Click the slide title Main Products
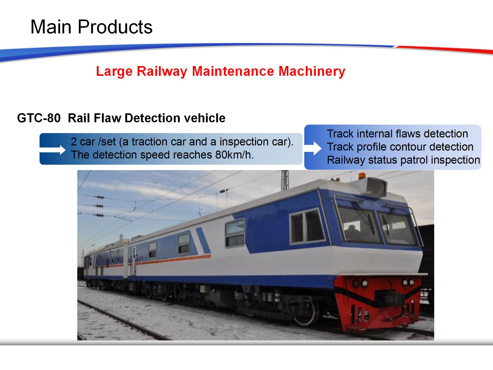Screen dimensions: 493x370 coord(91,27)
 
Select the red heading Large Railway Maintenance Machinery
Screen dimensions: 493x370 coord(221,71)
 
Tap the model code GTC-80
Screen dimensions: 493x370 coord(39,118)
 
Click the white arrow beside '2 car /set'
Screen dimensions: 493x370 coord(53,150)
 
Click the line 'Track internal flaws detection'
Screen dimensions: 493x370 coord(397,134)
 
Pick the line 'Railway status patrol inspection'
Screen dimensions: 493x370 coord(403,160)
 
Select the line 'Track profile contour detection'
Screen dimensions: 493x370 coord(400,147)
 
